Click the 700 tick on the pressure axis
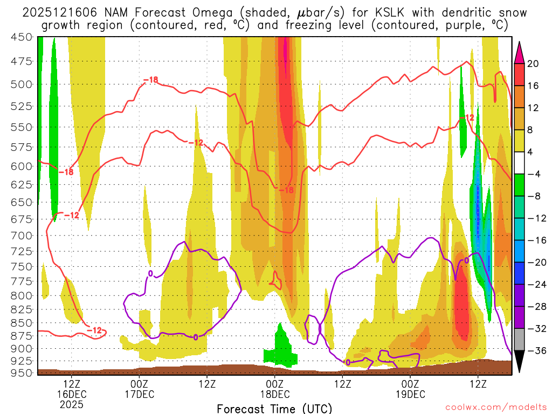tap(22, 236)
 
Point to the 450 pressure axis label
tap(22, 37)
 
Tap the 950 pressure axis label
tap(22, 372)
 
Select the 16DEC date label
tap(72, 394)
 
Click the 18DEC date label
tap(275, 394)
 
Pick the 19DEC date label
tap(410, 394)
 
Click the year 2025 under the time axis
tap(72, 404)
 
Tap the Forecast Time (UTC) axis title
tap(274, 408)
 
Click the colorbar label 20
tap(533, 64)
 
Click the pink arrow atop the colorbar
tap(520, 51)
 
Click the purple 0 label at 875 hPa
tap(196, 337)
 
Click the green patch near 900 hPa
tap(280, 348)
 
